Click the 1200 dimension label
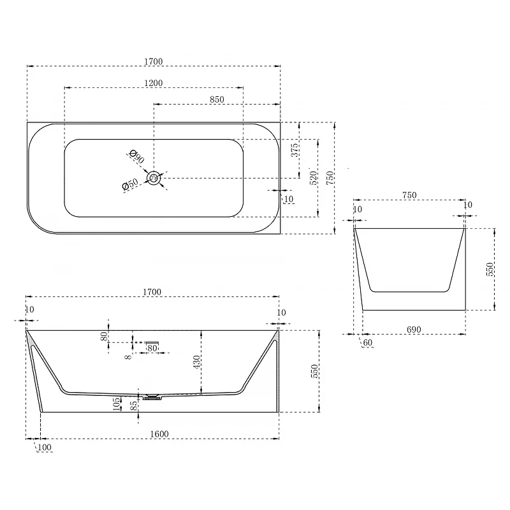[x=153, y=83]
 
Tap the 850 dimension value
[x=217, y=99]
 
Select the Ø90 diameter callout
[x=136, y=156]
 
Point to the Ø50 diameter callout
[x=130, y=184]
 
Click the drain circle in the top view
[x=154, y=178]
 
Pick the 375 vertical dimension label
[x=295, y=150]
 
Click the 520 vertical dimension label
[x=313, y=178]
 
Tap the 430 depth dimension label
[x=197, y=362]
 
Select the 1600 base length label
[x=159, y=434]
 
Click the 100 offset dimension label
[x=45, y=448]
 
